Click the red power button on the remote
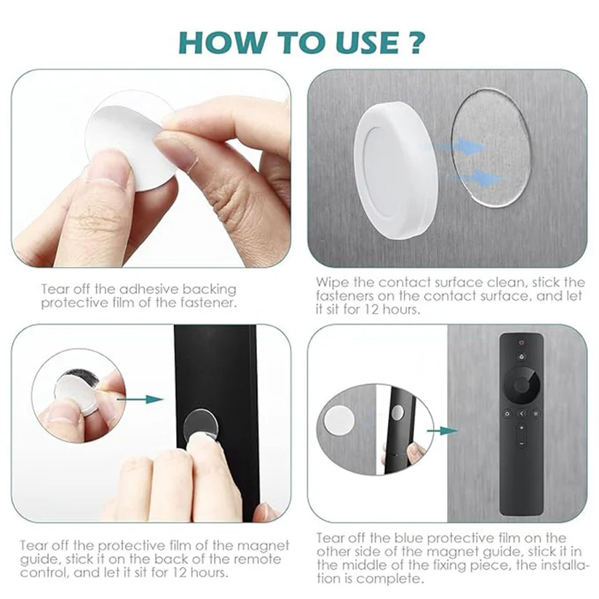click(x=521, y=342)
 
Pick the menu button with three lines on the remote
click(x=536, y=413)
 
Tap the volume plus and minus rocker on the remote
click(x=521, y=435)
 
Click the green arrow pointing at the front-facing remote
click(x=442, y=431)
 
